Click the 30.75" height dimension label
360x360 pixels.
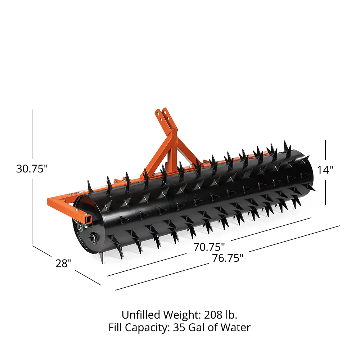pos(32,168)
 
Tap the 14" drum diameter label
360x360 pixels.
pos(325,170)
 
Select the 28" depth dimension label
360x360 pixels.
pos(64,264)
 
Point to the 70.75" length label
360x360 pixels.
pos(209,247)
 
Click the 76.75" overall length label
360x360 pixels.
pos(228,258)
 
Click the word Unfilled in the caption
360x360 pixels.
pos(141,315)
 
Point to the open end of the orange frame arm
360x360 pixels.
pos(87,218)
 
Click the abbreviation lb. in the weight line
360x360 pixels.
pos(231,315)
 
